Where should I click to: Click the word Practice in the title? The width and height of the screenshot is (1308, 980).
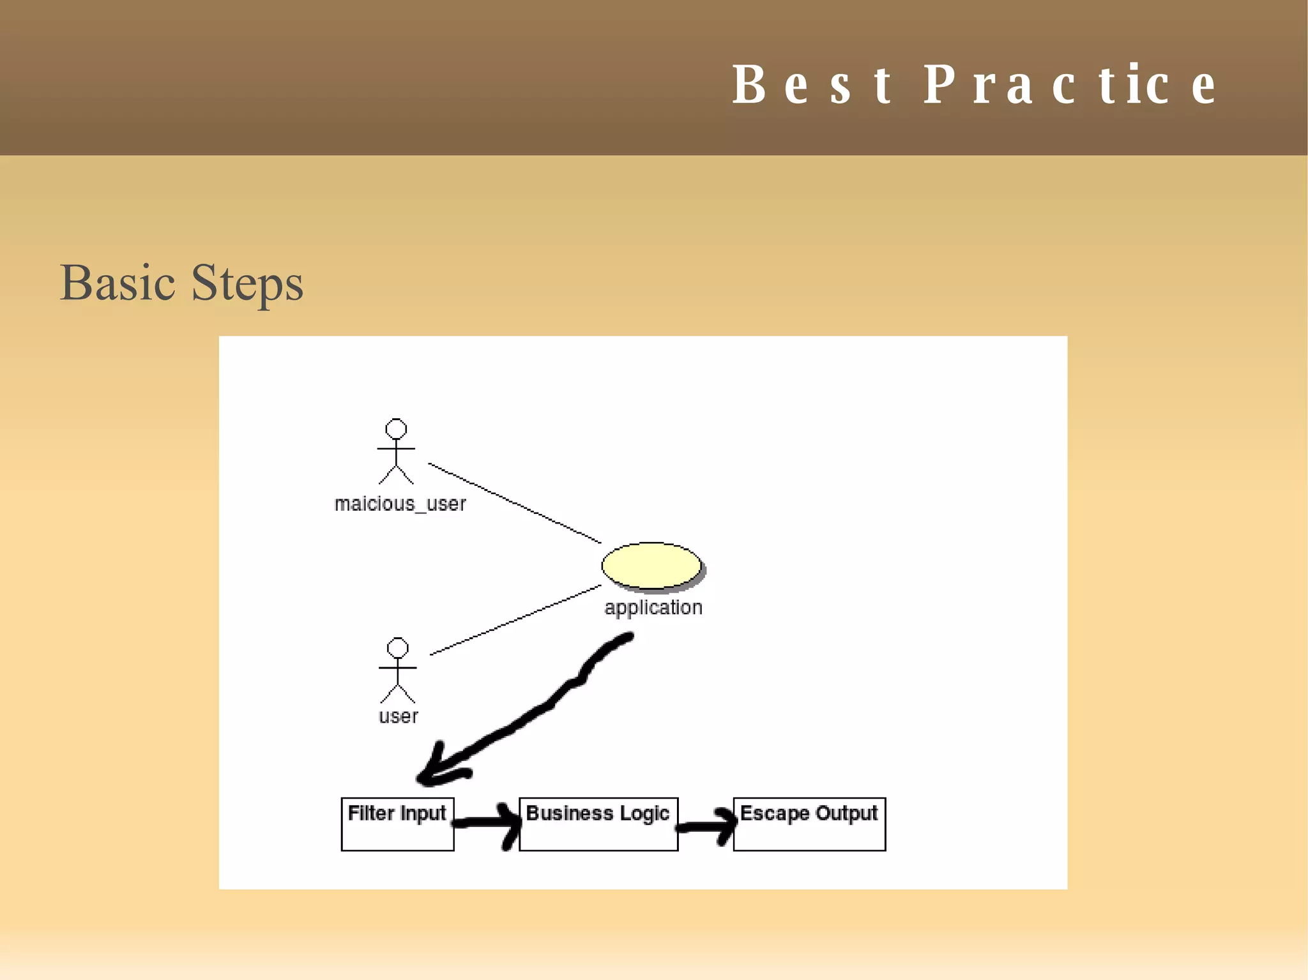(1070, 85)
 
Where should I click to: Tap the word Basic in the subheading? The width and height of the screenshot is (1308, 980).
(118, 283)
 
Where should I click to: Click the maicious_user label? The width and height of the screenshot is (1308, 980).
(400, 504)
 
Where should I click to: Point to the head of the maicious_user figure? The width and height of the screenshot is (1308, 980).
(396, 428)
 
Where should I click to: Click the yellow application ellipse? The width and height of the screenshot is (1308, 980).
(651, 565)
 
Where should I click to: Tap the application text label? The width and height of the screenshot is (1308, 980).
(653, 607)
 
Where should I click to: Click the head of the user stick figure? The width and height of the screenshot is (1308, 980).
(397, 647)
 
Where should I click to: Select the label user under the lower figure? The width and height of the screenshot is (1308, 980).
(398, 716)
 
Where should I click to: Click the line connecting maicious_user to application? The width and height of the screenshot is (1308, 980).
(514, 503)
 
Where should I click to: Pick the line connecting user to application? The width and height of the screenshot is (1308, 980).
(515, 620)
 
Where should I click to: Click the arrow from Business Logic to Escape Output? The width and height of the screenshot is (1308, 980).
(706, 826)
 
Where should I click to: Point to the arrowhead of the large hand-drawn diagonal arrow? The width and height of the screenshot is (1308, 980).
(431, 773)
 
